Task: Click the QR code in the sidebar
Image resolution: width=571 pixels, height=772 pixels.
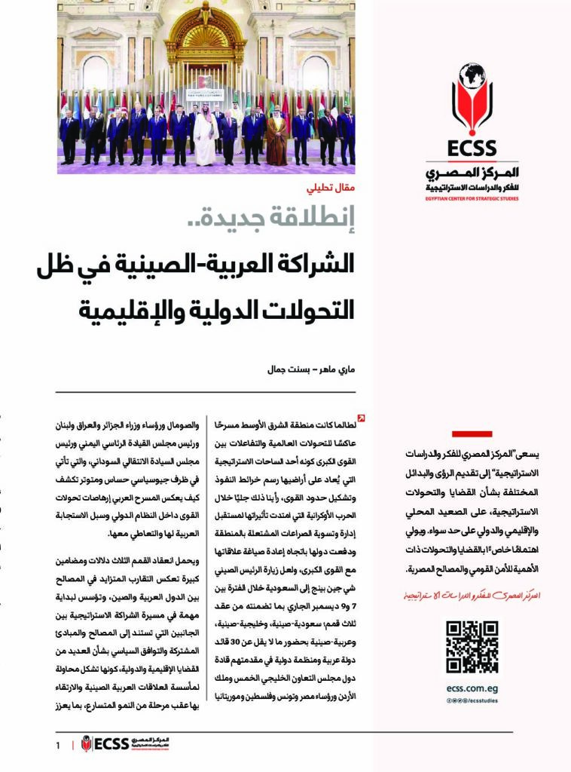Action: tap(472, 647)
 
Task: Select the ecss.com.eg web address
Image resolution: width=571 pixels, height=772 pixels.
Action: tap(472, 688)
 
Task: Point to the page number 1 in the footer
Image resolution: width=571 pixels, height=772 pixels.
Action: tap(57, 745)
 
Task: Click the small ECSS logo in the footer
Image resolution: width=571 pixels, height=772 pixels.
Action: tap(105, 744)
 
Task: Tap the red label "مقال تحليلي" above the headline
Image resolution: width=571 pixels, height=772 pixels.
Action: tap(333, 190)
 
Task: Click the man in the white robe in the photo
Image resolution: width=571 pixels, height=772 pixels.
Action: tap(205, 138)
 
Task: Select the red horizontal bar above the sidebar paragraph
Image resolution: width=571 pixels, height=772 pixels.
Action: tap(472, 433)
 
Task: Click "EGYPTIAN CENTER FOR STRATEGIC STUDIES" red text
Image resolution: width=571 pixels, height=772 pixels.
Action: tap(472, 198)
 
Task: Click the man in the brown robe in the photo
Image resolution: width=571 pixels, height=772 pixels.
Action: tap(277, 138)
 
